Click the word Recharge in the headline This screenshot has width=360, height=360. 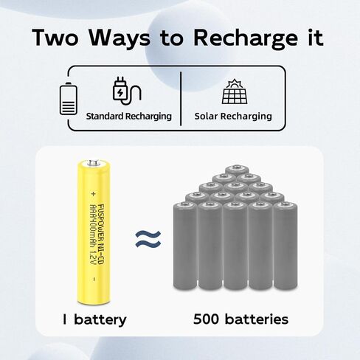pyautogui.click(x=246, y=39)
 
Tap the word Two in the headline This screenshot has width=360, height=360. pyautogui.click(x=55, y=37)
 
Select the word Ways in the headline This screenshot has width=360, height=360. pyautogui.click(x=120, y=39)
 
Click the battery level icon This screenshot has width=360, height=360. pyautogui.click(x=69, y=99)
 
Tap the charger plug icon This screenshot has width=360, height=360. pyautogui.click(x=126, y=91)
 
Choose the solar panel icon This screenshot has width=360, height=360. pyautogui.click(x=235, y=91)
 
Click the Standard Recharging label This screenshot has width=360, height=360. pyautogui.click(x=129, y=117)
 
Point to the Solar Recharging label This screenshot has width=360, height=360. pyautogui.click(x=233, y=117)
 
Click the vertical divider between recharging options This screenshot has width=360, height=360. pyautogui.click(x=181, y=99)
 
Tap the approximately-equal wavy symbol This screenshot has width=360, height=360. pyautogui.click(x=148, y=239)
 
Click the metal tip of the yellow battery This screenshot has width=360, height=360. pyautogui.click(x=94, y=163)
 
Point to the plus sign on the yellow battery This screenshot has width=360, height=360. pyautogui.click(x=93, y=194)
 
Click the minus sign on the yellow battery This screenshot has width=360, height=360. pyautogui.click(x=94, y=279)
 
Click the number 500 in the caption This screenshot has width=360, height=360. pyautogui.click(x=206, y=319)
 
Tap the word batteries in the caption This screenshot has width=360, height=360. pyautogui.click(x=257, y=319)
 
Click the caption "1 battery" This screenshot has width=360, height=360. pyautogui.click(x=94, y=319)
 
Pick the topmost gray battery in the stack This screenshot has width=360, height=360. pyautogui.click(x=237, y=170)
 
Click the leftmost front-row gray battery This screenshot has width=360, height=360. pyautogui.click(x=185, y=246)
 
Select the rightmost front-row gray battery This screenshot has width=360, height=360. pyautogui.click(x=285, y=246)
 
